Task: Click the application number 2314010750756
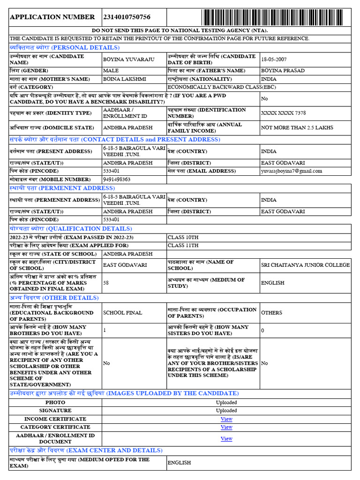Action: pyautogui.click(x=127, y=17)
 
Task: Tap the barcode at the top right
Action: pyautogui.click(x=276, y=17)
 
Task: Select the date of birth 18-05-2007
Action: pyautogui.click(x=276, y=60)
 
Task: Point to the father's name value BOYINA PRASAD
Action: pyautogui.click(x=283, y=71)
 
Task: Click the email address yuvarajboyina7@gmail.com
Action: pyautogui.click(x=292, y=171)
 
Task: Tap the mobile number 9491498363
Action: pyautogui.click(x=117, y=179)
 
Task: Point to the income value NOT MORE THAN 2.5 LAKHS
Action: pyautogui.click(x=297, y=127)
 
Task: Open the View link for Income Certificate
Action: pyautogui.click(x=226, y=419)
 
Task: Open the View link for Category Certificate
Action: pyautogui.click(x=226, y=427)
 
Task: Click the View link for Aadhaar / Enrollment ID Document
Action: pyautogui.click(x=226, y=439)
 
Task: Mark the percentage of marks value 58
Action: pyautogui.click(x=106, y=283)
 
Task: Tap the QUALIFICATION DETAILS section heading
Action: pyautogui.click(x=71, y=229)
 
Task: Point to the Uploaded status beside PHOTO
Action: pyautogui.click(x=226, y=403)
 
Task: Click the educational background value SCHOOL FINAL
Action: pyautogui.click(x=123, y=313)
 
